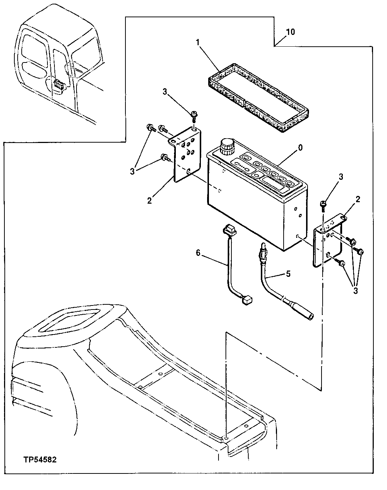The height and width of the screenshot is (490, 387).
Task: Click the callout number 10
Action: [x=290, y=32]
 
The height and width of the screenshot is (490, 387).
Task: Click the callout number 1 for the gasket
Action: [x=198, y=43]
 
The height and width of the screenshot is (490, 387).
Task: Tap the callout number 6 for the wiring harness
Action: [x=198, y=253]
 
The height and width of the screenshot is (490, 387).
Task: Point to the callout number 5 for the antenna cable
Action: [x=288, y=273]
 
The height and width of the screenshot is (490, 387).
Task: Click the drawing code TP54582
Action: [x=40, y=460]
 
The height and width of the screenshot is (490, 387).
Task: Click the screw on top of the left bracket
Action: [x=193, y=116]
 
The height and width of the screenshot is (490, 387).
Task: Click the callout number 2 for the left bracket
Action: [x=149, y=201]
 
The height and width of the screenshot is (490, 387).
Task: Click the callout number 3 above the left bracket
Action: [x=165, y=92]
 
